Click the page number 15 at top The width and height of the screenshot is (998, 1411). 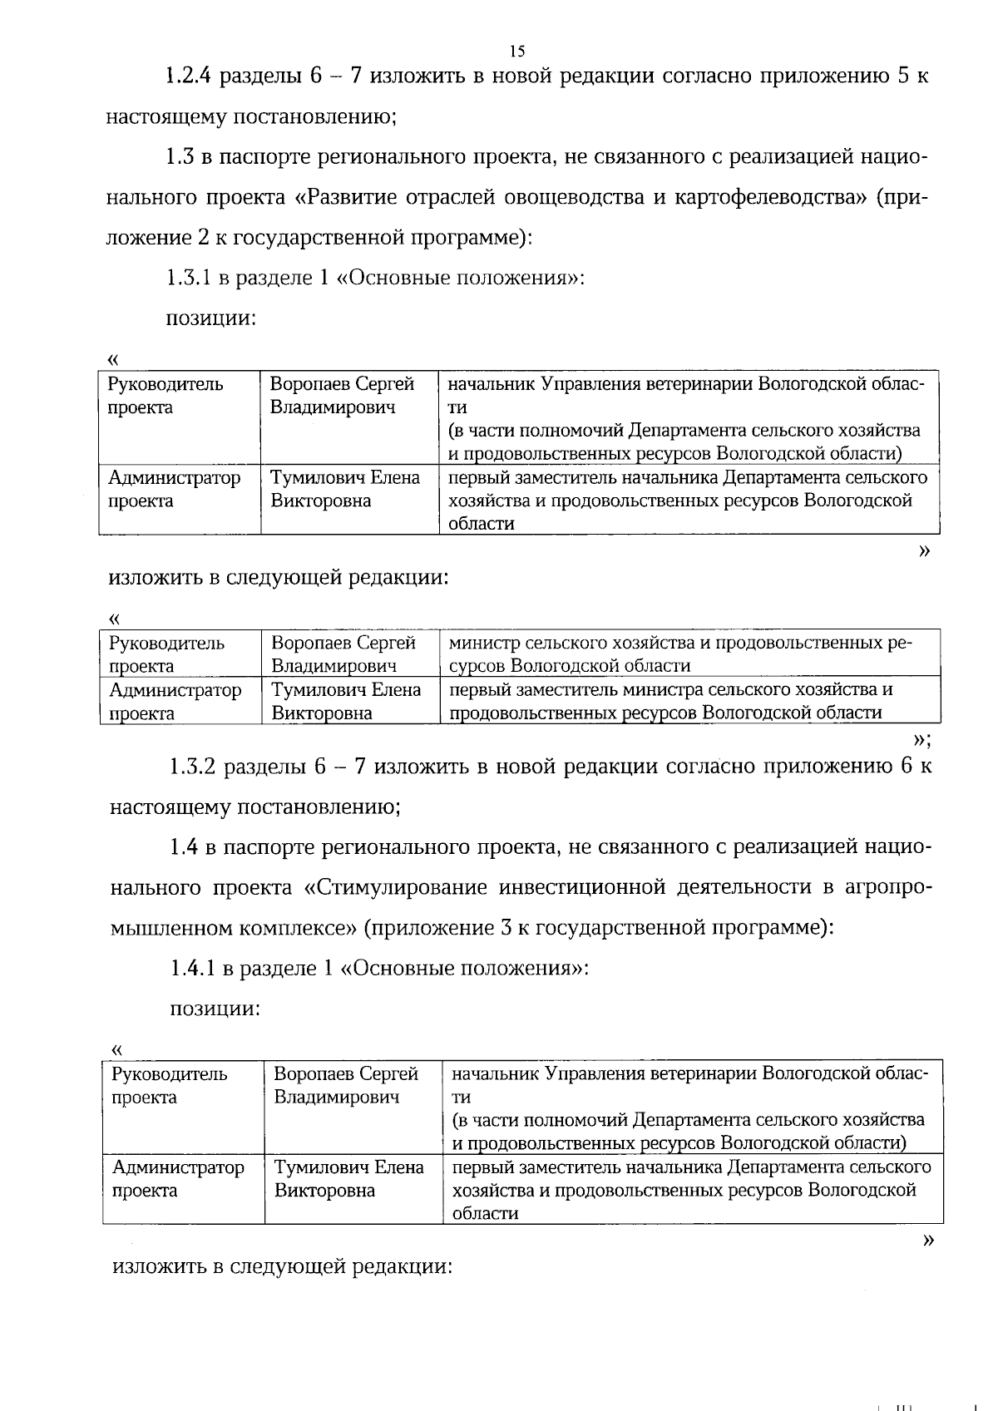(517, 52)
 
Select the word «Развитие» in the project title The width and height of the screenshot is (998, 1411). (345, 198)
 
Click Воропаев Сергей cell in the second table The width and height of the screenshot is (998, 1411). (343, 654)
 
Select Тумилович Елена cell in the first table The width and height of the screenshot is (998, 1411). (345, 489)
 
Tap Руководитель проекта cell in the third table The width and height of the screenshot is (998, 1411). (169, 1085)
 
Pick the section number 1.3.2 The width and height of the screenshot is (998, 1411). (194, 767)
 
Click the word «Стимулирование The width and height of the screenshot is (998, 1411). (392, 887)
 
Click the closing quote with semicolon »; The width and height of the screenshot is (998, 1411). (921, 739)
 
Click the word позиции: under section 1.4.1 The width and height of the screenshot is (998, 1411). (215, 1009)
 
